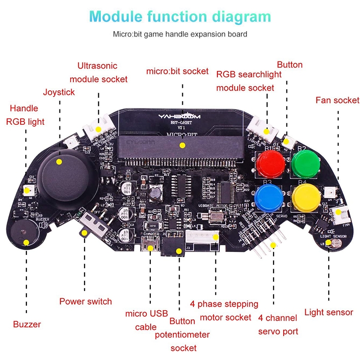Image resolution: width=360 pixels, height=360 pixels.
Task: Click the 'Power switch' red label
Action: [85, 301]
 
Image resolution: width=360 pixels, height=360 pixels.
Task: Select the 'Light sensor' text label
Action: [329, 312]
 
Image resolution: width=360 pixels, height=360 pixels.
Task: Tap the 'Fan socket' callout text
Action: [337, 100]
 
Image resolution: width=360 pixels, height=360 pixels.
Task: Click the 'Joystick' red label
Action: [59, 92]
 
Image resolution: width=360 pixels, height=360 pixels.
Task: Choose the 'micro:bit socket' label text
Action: [178, 72]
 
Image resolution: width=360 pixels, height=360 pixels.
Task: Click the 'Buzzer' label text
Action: [27, 324]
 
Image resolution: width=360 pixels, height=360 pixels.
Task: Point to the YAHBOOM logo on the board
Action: [180, 117]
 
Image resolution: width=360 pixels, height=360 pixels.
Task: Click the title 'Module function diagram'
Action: [180, 17]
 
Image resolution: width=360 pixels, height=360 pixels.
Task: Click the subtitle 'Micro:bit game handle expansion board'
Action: [180, 34]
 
